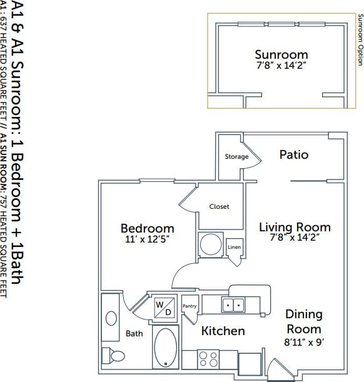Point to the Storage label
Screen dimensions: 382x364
[236, 157]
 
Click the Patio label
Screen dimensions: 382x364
[293, 154]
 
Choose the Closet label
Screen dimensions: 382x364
[219, 206]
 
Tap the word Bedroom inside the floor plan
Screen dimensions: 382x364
[147, 228]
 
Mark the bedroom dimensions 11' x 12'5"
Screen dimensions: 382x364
[147, 239]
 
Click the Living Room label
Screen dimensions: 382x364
[295, 227]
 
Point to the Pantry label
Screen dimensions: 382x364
[190, 306]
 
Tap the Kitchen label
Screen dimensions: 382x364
[223, 331]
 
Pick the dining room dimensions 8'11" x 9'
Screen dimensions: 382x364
[304, 342]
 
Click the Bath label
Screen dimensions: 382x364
[134, 334]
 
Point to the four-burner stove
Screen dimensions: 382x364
[209, 359]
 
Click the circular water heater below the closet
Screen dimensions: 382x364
[211, 244]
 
